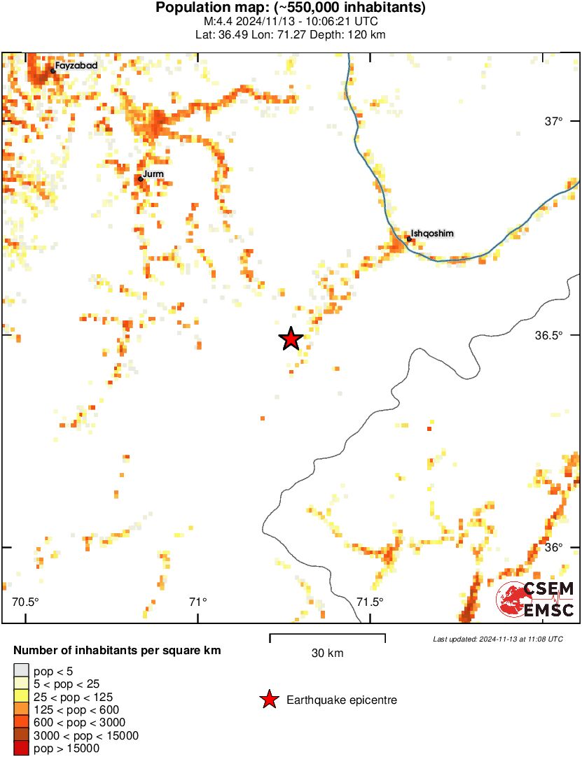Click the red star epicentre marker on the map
(291, 339)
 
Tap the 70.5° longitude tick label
(26, 602)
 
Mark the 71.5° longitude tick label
(370, 602)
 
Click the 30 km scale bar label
(327, 653)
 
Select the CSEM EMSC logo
(536, 600)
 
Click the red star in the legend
(268, 700)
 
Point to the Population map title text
(291, 8)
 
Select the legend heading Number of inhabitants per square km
(118, 651)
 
